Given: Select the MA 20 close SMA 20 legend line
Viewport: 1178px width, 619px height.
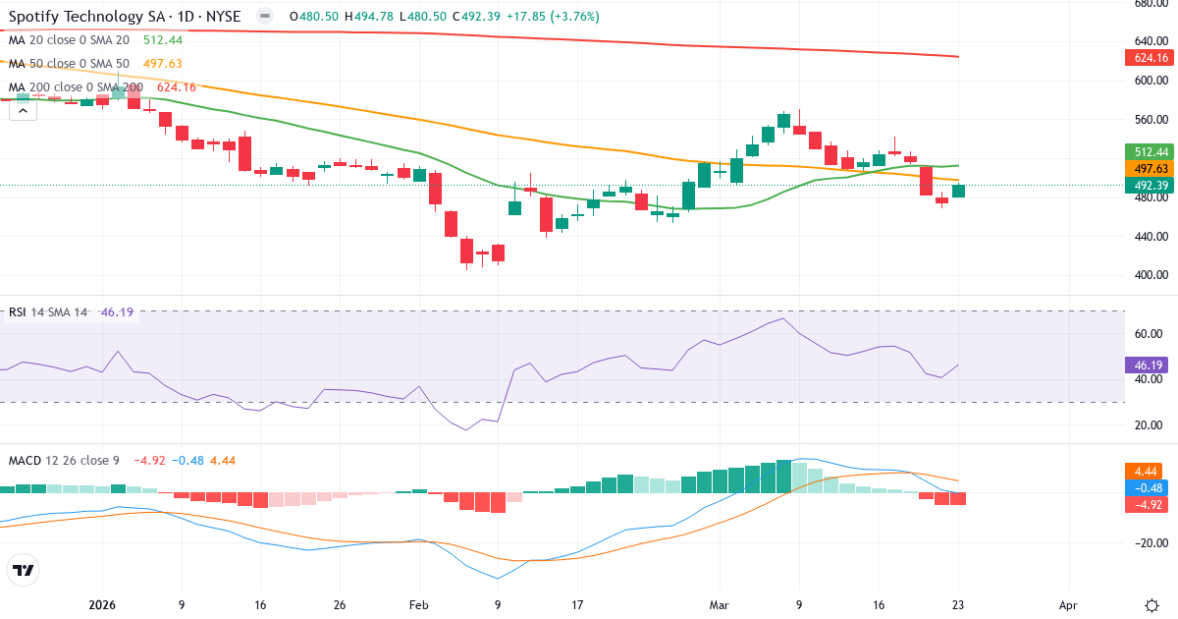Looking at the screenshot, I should [x=69, y=40].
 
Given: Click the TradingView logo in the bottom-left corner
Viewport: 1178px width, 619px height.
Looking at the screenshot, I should [x=24, y=570].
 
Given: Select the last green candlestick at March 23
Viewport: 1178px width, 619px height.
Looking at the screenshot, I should [x=959, y=191].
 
